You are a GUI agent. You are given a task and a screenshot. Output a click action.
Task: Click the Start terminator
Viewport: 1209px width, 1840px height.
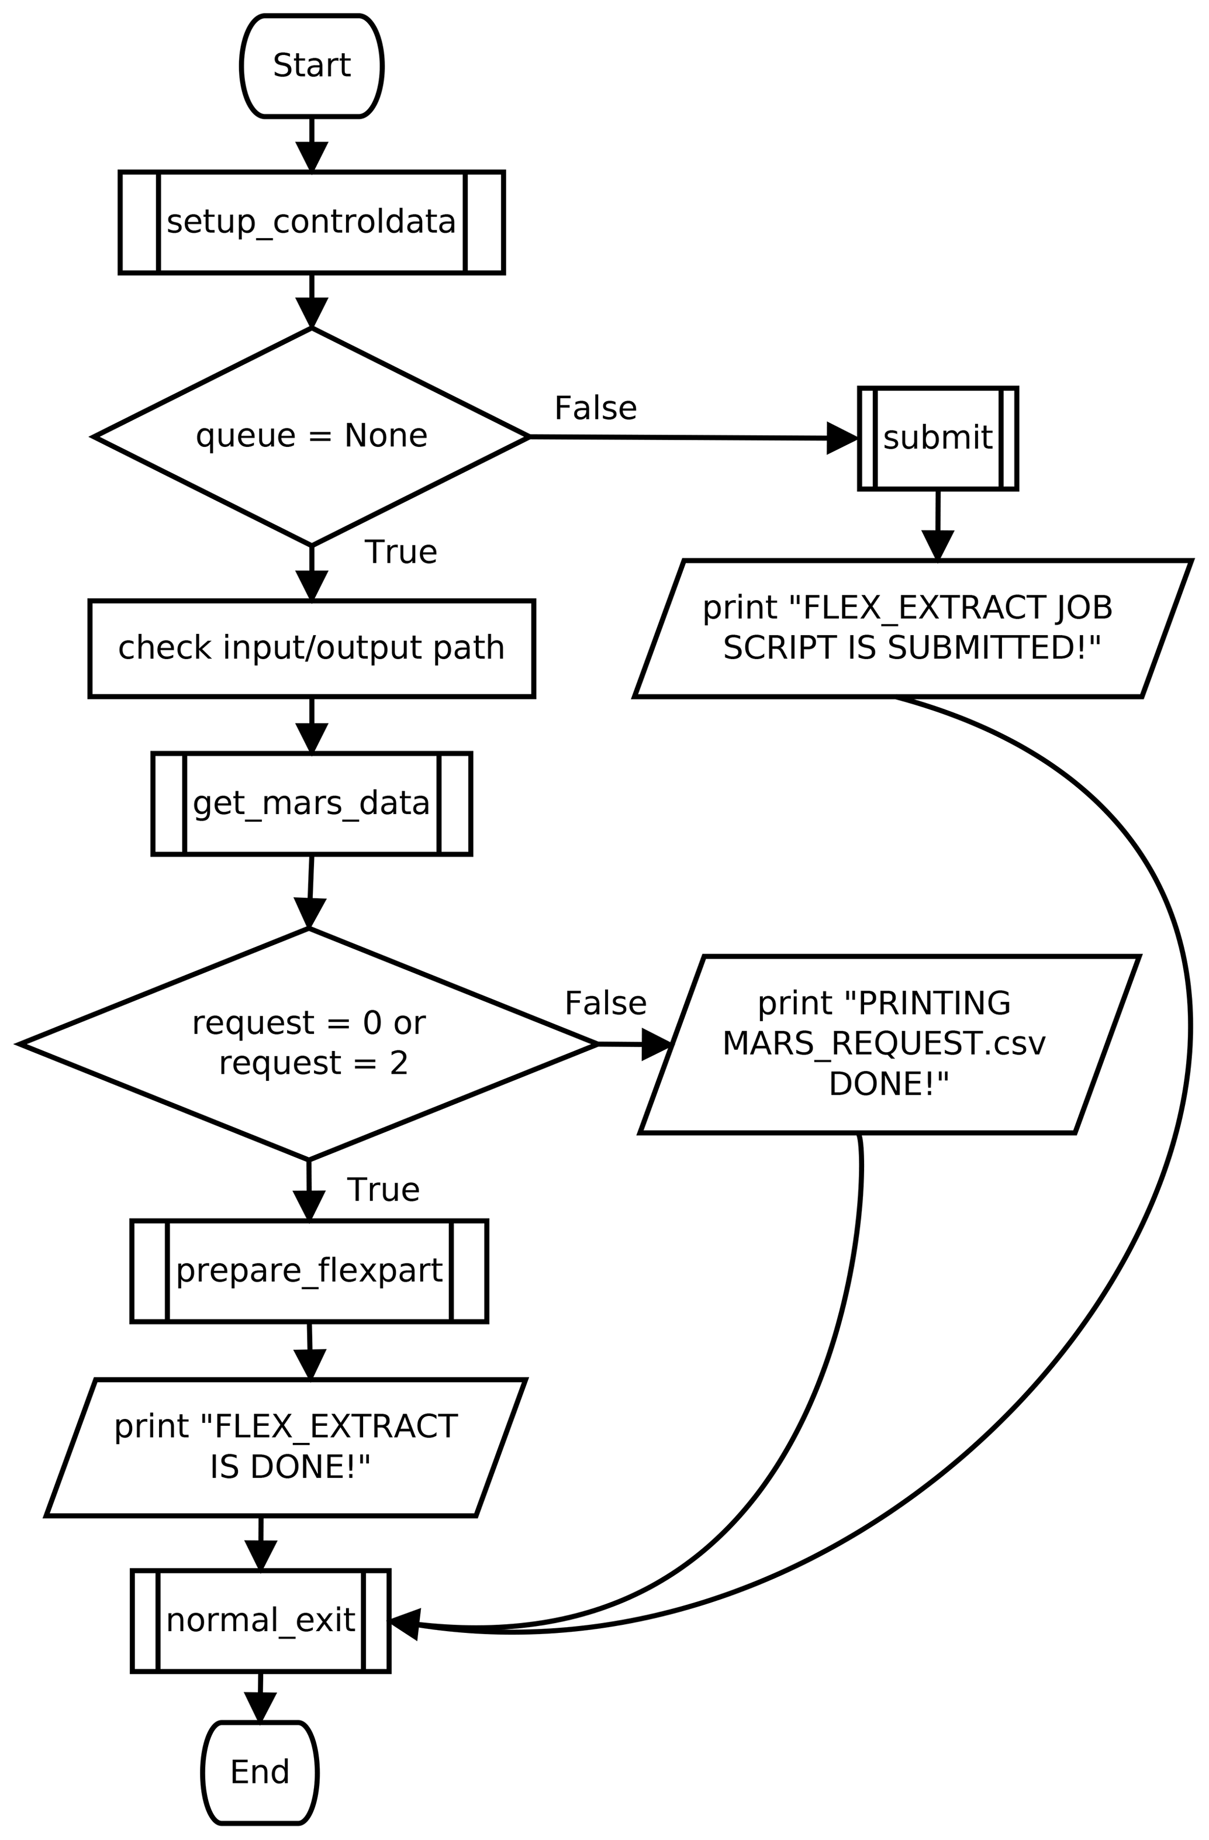[312, 66]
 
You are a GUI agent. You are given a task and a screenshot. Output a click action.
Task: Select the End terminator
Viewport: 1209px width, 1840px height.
[260, 1771]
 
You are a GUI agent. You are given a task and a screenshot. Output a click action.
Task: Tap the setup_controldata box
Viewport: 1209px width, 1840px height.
[312, 222]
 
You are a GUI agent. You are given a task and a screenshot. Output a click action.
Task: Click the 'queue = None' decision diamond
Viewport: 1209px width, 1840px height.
[312, 437]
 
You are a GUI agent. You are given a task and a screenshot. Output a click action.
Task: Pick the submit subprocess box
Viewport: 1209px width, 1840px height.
[937, 438]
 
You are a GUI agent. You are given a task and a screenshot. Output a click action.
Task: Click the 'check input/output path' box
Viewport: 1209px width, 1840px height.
[312, 648]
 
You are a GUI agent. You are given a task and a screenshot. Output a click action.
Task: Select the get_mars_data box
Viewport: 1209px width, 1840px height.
[312, 803]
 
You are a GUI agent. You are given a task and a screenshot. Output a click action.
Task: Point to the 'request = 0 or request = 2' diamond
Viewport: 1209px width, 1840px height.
[309, 1043]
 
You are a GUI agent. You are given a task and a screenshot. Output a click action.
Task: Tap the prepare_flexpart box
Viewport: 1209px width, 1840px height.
[309, 1270]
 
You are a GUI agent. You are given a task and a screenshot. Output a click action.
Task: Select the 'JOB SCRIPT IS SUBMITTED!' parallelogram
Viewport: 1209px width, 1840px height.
[912, 628]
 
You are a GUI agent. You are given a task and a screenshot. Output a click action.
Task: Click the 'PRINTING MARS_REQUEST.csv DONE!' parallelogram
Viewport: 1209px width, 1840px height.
[889, 1043]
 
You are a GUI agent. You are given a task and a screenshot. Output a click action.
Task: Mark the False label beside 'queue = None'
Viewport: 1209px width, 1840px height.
[595, 408]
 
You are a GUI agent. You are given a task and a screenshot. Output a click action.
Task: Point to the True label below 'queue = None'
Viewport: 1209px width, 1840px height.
[400, 552]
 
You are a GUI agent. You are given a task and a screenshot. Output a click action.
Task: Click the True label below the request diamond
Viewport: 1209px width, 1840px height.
[383, 1189]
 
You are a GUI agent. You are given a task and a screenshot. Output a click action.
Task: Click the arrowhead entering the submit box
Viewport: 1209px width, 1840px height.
[842, 438]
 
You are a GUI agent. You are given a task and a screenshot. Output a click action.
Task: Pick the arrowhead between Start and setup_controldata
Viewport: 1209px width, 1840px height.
[312, 156]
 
